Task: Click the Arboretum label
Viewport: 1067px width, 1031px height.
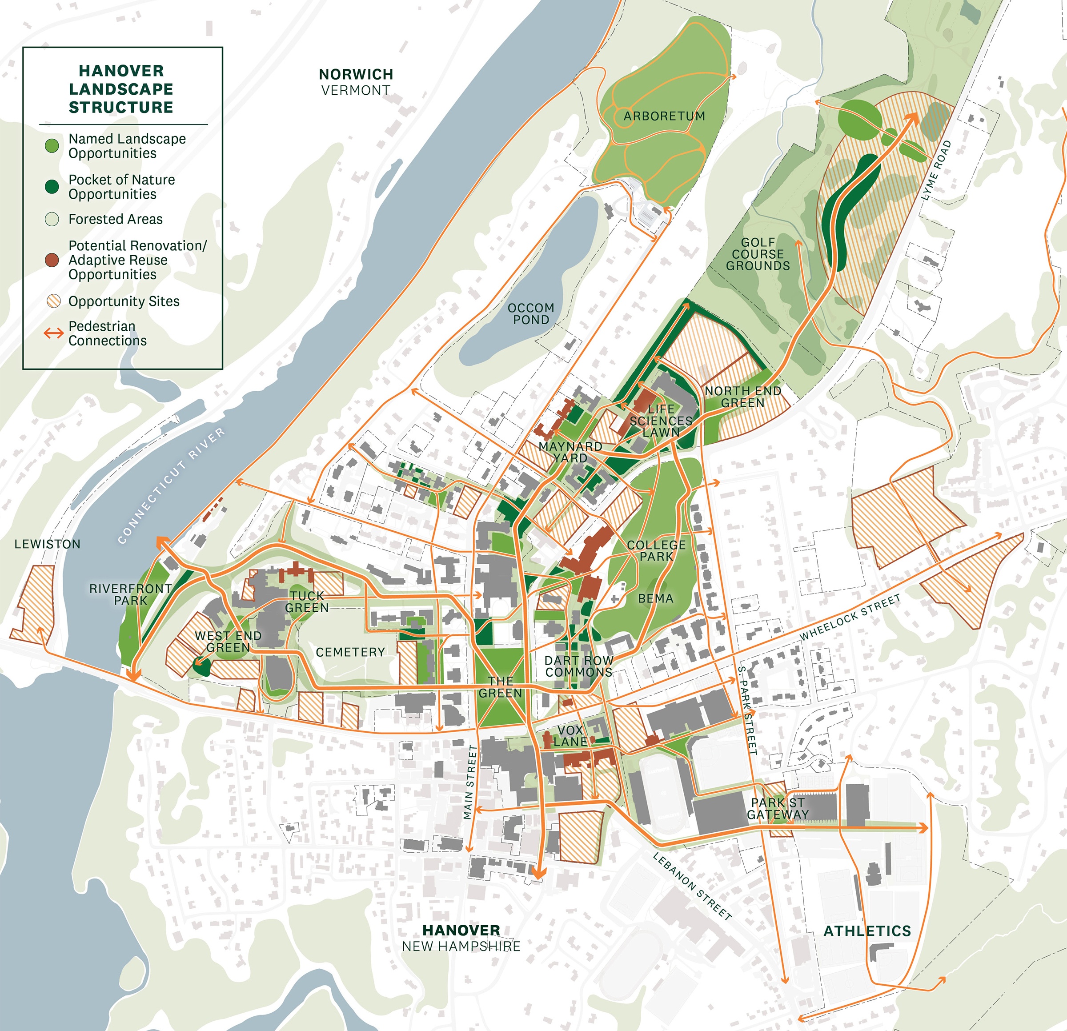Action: point(664,116)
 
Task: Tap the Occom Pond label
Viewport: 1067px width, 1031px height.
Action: point(531,314)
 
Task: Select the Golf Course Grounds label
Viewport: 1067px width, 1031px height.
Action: point(758,254)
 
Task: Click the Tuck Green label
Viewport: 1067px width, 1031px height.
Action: point(307,602)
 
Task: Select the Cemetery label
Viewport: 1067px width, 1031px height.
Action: point(350,652)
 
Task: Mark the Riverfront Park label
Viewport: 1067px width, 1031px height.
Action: point(131,594)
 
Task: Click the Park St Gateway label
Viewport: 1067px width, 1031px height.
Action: point(778,808)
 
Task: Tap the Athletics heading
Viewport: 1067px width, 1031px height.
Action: point(867,931)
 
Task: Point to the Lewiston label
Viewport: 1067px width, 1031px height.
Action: point(48,544)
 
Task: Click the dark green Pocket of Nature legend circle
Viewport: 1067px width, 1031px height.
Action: point(52,187)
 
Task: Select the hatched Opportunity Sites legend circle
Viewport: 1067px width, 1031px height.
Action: point(53,301)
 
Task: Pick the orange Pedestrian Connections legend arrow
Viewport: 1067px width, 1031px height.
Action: point(53,333)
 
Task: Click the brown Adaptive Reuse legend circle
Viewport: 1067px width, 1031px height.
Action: point(52,260)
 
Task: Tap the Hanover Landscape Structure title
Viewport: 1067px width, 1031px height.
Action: point(121,89)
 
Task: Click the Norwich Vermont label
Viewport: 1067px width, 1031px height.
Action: point(356,82)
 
